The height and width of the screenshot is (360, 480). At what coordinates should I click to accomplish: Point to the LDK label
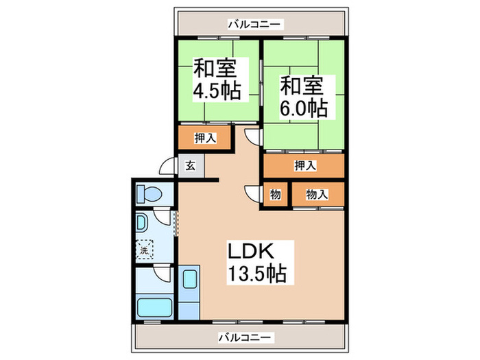(x=256, y=251)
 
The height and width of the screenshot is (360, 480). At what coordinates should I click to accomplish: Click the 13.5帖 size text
(x=256, y=274)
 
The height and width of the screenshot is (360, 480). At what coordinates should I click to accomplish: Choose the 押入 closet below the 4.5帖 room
(x=206, y=138)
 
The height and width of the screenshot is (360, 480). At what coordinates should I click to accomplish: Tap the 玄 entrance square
(x=189, y=165)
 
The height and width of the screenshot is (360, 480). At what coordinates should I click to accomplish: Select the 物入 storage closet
(x=316, y=195)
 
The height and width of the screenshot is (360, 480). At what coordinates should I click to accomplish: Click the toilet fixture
(x=147, y=193)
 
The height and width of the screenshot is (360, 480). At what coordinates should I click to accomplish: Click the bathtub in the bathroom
(x=154, y=306)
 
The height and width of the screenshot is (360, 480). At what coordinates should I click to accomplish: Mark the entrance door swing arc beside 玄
(x=167, y=168)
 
